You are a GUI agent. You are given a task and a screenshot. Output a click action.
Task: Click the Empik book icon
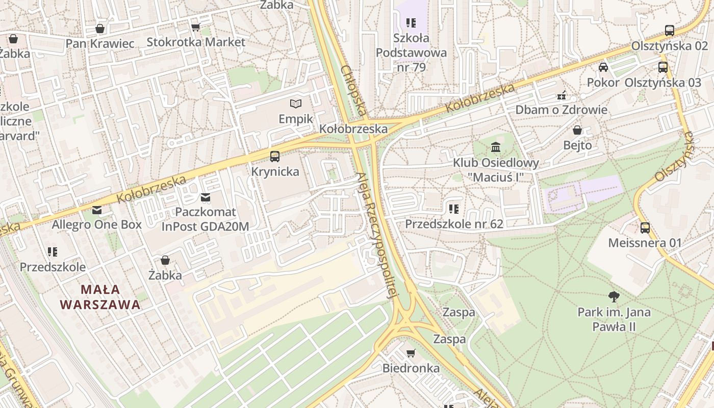(x=296, y=104)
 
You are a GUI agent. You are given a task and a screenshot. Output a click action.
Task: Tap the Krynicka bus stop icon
(x=275, y=157)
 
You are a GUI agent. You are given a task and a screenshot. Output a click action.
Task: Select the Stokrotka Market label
(x=196, y=42)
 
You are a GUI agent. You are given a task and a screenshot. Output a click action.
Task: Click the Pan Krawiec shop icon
(x=100, y=29)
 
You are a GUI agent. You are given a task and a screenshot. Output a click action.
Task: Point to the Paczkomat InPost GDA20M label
(x=206, y=219)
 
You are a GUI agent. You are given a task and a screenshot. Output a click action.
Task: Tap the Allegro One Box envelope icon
(x=97, y=210)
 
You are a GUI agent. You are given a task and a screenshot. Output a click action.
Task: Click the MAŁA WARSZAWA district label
(x=100, y=297)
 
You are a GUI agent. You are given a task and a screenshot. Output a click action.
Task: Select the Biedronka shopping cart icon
(x=411, y=353)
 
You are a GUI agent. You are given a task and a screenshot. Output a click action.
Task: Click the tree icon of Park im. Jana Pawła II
(x=614, y=296)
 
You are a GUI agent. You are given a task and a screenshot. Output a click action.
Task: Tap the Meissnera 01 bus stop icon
(x=645, y=227)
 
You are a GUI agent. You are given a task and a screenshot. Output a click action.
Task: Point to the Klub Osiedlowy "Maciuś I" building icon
(x=496, y=148)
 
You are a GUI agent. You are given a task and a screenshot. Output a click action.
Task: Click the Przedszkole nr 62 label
(x=454, y=224)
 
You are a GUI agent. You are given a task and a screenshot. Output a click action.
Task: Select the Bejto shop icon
(x=577, y=130)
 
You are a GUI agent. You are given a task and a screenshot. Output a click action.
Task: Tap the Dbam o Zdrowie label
(x=561, y=110)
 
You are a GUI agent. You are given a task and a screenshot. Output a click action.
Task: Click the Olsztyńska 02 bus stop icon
(x=670, y=31)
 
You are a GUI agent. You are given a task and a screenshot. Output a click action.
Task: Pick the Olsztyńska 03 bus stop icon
(x=663, y=67)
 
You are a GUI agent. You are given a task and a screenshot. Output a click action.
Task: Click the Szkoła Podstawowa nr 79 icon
(x=411, y=23)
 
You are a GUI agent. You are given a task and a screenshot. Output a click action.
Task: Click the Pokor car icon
(x=603, y=67)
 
